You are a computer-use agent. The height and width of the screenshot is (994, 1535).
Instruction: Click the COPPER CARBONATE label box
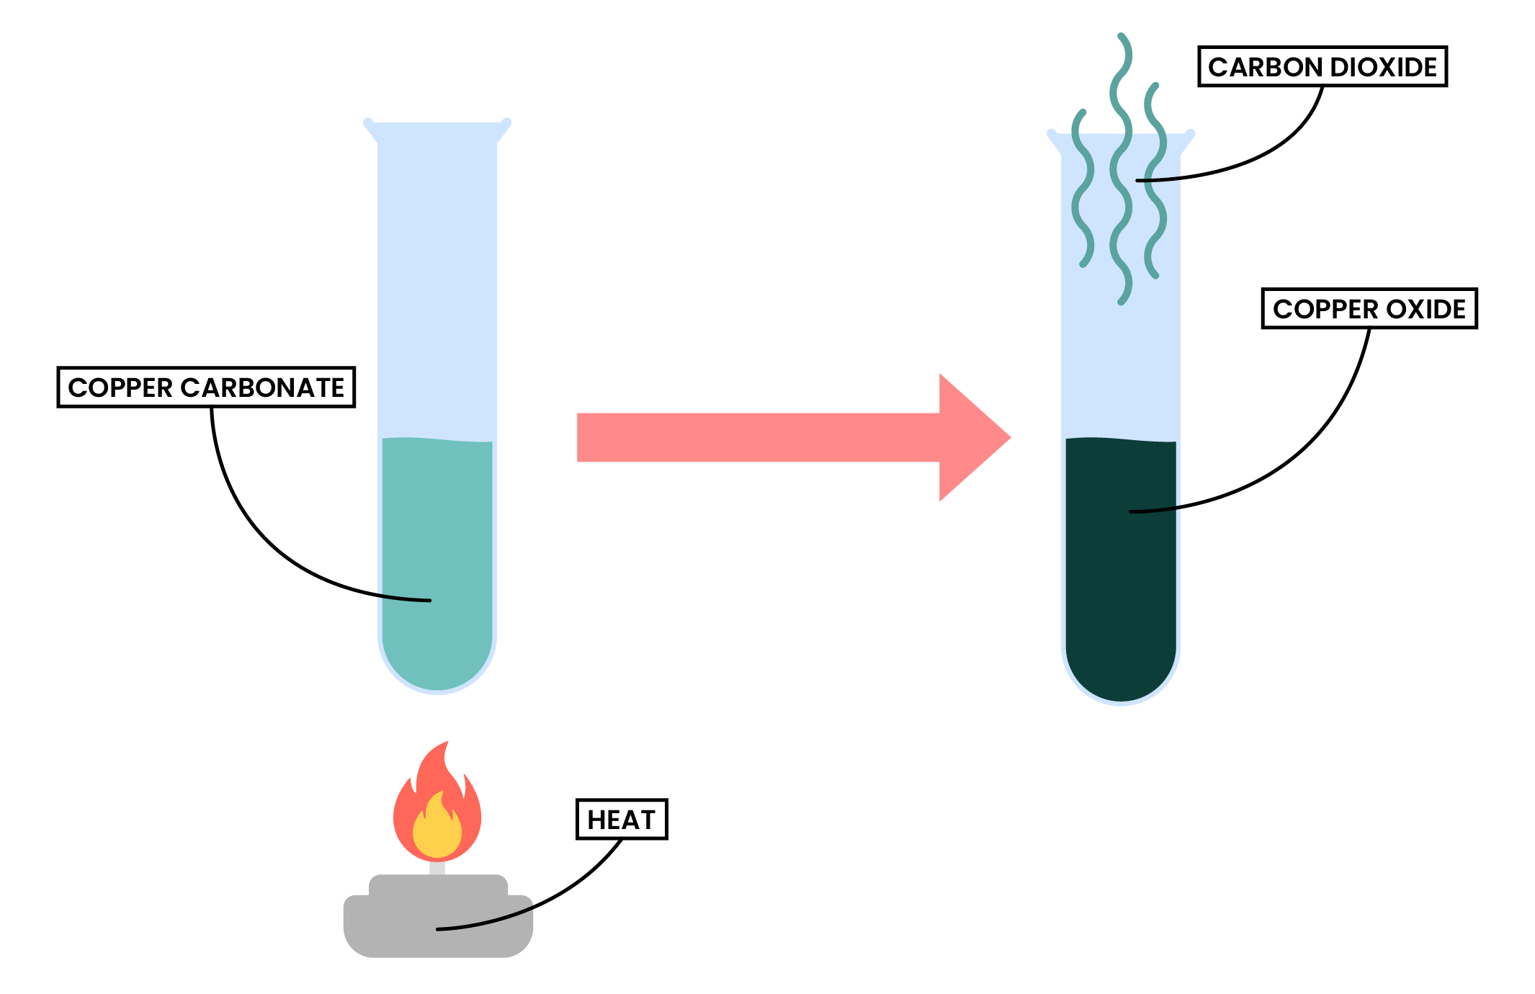206,388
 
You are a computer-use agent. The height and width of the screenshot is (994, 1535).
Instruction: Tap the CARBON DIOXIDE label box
1322,67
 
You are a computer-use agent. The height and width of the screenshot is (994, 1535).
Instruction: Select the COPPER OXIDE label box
1369,309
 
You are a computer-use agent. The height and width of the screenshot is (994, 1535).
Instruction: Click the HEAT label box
622,820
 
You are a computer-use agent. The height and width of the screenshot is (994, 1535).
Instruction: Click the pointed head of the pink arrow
980,437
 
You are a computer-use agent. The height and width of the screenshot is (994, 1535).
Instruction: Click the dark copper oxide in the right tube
1120,576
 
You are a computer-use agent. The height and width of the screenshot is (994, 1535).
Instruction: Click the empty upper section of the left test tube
437,288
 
